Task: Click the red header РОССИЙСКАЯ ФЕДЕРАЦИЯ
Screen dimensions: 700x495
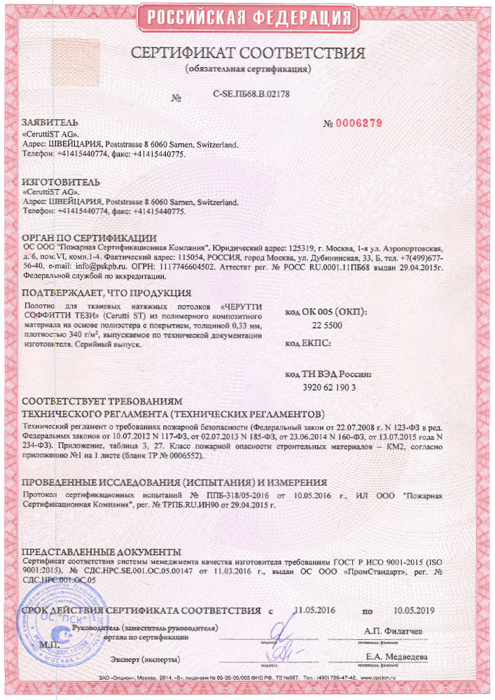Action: [247, 17]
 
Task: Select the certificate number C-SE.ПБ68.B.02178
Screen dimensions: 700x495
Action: [251, 93]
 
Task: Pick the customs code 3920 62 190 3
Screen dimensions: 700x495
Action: [329, 387]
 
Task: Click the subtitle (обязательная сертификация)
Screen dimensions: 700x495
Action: [249, 70]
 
